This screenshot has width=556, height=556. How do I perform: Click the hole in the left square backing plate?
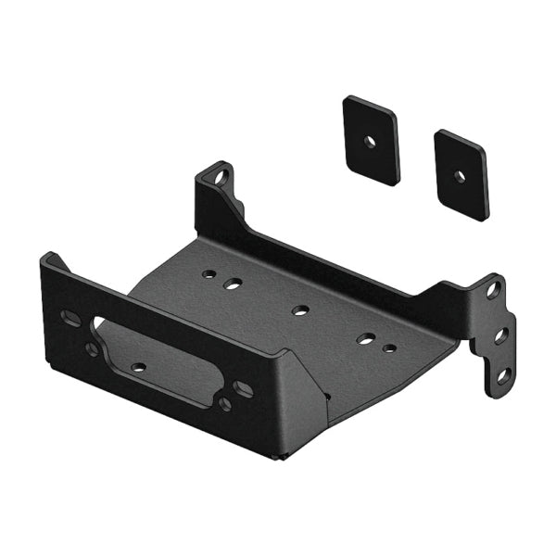point(371,141)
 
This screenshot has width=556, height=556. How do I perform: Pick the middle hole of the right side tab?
point(500,335)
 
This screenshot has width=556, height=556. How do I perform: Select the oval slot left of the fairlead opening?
point(70,318)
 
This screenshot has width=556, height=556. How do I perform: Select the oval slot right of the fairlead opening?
point(243,389)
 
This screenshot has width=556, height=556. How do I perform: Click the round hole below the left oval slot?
point(92,349)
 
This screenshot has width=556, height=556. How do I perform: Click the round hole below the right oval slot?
point(225,404)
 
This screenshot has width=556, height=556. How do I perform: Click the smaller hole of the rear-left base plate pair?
point(212,275)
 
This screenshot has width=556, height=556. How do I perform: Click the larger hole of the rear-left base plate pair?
point(235,284)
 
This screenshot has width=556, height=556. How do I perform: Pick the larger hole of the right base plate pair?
point(368,340)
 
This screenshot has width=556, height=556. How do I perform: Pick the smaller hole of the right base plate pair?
point(390,349)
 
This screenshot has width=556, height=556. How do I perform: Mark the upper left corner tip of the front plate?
point(46,255)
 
